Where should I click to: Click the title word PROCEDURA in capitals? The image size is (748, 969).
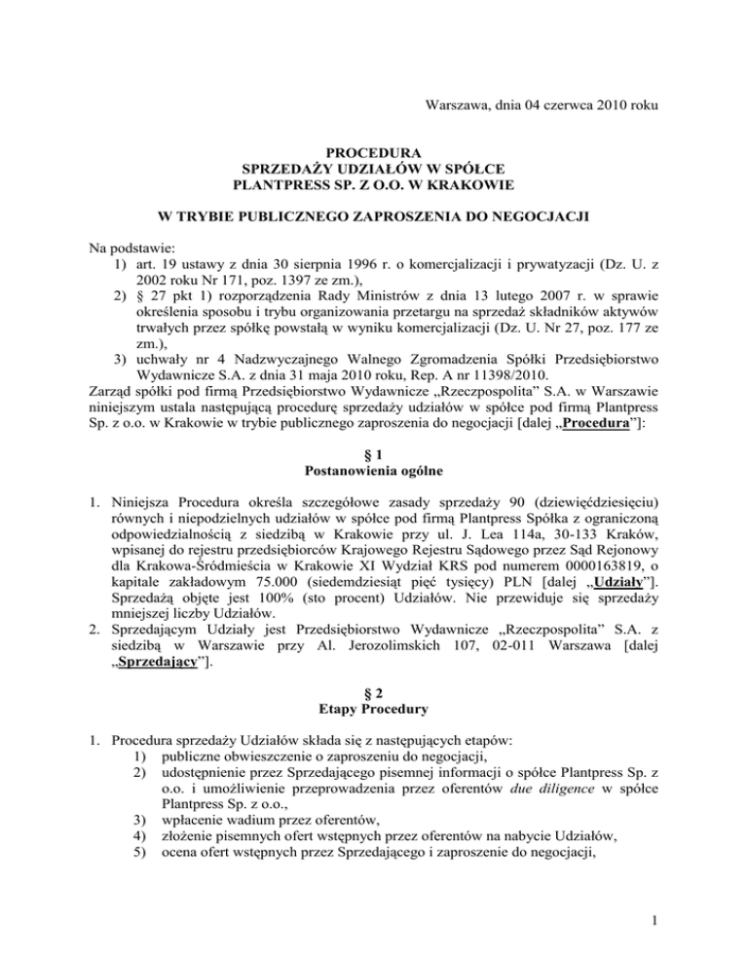click(374, 153)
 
